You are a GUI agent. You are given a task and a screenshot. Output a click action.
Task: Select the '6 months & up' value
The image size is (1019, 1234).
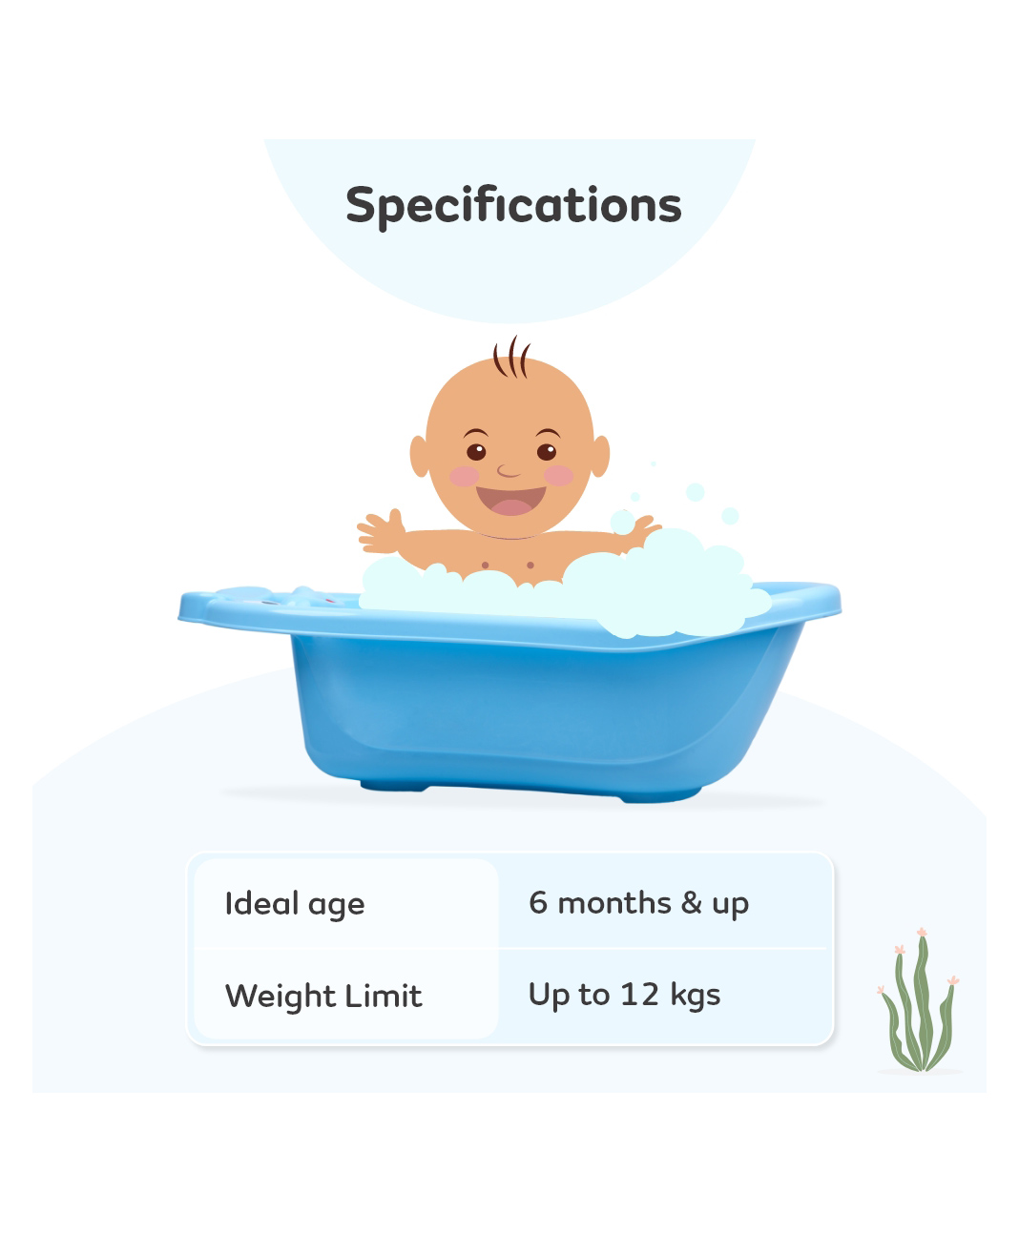tap(638, 904)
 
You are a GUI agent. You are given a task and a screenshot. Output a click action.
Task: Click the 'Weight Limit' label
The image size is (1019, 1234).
tap(323, 996)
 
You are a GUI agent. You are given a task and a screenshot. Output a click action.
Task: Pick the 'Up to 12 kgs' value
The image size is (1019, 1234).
tap(624, 996)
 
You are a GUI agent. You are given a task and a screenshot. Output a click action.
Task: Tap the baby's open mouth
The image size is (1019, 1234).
tap(511, 501)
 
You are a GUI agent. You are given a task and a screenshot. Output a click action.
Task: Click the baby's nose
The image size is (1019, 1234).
tap(508, 471)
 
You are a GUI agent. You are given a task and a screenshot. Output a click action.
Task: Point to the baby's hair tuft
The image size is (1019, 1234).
tap(511, 357)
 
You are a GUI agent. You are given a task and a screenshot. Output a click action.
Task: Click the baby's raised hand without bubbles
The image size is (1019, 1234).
tap(382, 531)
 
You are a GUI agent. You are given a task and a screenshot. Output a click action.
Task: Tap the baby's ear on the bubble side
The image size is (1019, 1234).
tap(600, 456)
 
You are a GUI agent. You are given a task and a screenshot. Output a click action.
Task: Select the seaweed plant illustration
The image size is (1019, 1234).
tap(919, 999)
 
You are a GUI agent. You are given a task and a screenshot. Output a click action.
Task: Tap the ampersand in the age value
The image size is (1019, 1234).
tap(692, 902)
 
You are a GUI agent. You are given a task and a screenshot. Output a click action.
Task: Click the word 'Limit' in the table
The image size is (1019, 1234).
tap(384, 996)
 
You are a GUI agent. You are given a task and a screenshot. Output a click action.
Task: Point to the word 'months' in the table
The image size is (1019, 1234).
tap(614, 903)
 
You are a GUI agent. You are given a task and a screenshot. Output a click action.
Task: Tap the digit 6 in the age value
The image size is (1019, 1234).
tap(537, 902)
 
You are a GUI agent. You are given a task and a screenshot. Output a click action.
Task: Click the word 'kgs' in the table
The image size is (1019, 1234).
tap(695, 997)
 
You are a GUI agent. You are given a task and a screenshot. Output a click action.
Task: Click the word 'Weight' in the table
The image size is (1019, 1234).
tap(281, 997)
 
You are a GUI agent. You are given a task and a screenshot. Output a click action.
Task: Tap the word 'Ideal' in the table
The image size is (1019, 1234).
tap(261, 902)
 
